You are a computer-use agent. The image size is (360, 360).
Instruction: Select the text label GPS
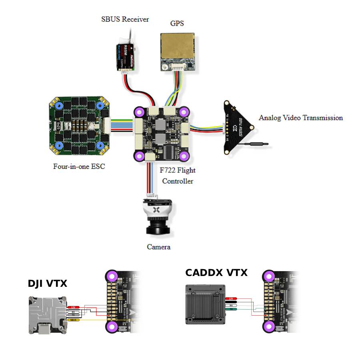[177, 24]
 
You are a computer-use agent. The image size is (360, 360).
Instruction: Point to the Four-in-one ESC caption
[79, 166]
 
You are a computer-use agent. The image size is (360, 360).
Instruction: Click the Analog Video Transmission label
[301, 118]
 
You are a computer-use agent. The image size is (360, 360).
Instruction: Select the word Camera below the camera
[159, 247]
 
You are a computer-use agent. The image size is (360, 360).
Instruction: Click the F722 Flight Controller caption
[178, 176]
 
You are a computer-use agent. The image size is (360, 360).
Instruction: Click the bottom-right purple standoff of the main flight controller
[184, 155]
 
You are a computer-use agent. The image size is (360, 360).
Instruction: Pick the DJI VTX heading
[48, 284]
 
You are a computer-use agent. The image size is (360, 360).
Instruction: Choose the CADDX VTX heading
[216, 273]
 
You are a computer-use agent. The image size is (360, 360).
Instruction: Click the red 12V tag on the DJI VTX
[73, 307]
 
